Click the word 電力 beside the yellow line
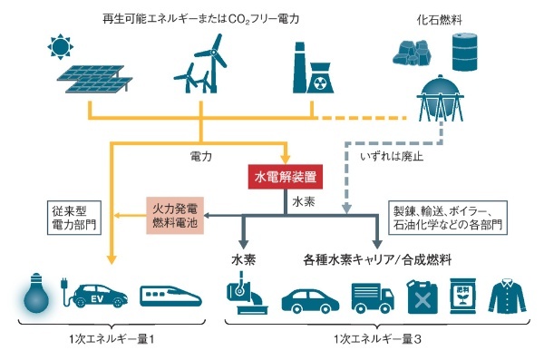(201, 156)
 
